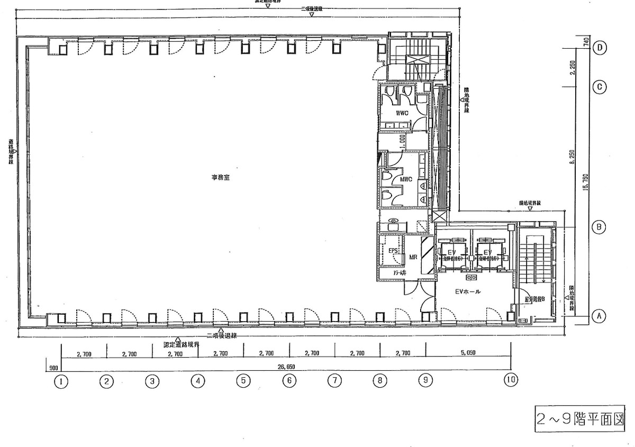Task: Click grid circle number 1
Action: (61, 380)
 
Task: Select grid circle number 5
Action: (243, 380)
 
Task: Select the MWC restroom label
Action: (406, 179)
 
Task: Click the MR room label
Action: (412, 257)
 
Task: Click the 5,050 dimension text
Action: (468, 352)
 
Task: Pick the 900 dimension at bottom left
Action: (53, 367)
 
